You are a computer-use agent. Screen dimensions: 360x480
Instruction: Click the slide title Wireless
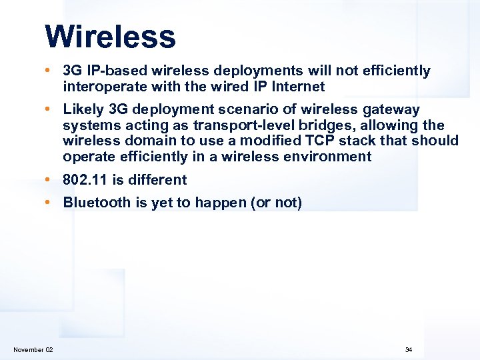point(110,37)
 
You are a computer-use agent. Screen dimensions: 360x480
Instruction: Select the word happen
point(221,203)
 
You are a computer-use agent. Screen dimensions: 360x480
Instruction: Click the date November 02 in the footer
point(33,350)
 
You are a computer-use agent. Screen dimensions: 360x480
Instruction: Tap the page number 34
point(409,350)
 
